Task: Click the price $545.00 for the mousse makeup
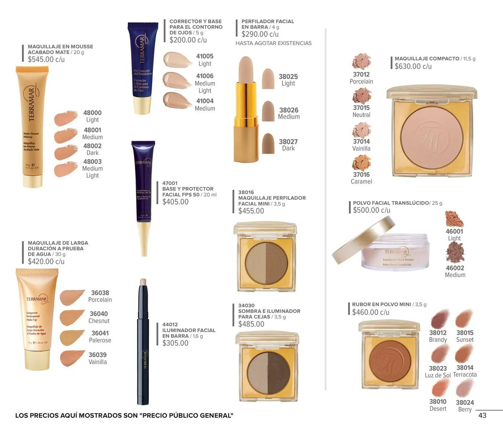tap(46, 60)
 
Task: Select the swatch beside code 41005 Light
tap(177, 60)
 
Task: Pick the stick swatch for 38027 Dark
tap(268, 144)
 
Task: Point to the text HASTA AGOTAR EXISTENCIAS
tap(274, 43)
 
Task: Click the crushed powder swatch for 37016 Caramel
tap(362, 163)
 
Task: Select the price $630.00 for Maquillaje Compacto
tap(413, 67)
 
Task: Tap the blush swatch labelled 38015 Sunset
tap(464, 318)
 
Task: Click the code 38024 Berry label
tap(465, 406)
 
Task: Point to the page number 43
tap(482, 415)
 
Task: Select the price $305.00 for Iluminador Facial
tap(175, 343)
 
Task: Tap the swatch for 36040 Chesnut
tap(72, 318)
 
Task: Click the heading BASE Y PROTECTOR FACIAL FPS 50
tap(188, 192)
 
